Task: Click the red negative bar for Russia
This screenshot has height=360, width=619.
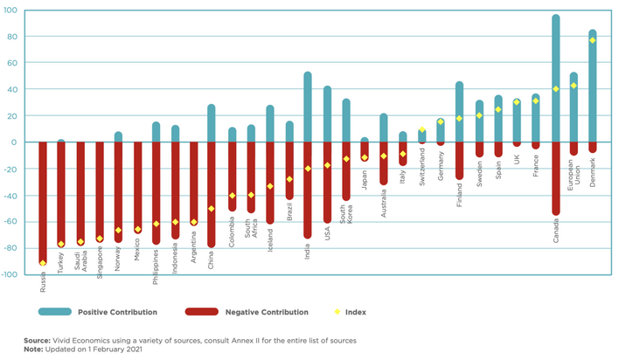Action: (x=42, y=202)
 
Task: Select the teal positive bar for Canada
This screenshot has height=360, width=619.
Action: (x=555, y=79)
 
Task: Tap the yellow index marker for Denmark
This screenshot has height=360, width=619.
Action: (x=593, y=40)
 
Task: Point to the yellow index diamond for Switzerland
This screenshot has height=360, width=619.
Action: (x=422, y=129)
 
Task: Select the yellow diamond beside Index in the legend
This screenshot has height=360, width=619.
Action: (x=337, y=312)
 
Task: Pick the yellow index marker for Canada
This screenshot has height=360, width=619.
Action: (x=555, y=89)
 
